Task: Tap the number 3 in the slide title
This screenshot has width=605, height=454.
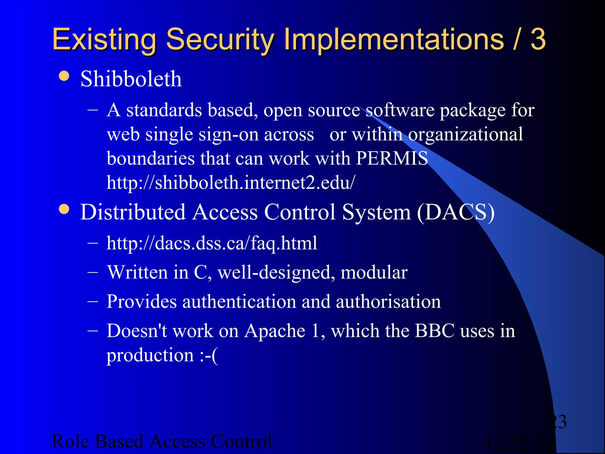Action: [538, 39]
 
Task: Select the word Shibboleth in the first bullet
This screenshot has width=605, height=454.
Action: [131, 79]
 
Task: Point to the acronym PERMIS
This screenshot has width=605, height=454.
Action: [392, 158]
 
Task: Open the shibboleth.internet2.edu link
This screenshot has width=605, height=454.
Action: [231, 182]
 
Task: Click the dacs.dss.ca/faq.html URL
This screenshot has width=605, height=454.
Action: [212, 243]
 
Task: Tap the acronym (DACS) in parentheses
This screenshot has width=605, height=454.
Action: [456, 212]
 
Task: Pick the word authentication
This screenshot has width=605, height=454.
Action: [239, 301]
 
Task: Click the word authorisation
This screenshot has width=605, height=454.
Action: [388, 301]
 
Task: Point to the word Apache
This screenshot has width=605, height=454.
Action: [275, 331]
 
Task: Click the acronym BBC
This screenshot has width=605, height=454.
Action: [435, 331]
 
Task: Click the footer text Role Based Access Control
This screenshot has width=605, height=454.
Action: [162, 441]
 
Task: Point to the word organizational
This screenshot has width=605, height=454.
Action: [466, 134]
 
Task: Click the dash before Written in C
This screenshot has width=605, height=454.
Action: [93, 272]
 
